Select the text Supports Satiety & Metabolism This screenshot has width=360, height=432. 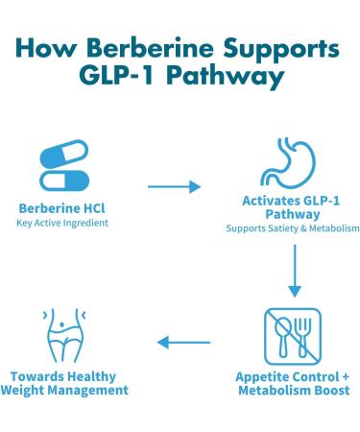pyautogui.click(x=293, y=229)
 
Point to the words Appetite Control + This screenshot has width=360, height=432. pyautogui.click(x=292, y=376)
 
